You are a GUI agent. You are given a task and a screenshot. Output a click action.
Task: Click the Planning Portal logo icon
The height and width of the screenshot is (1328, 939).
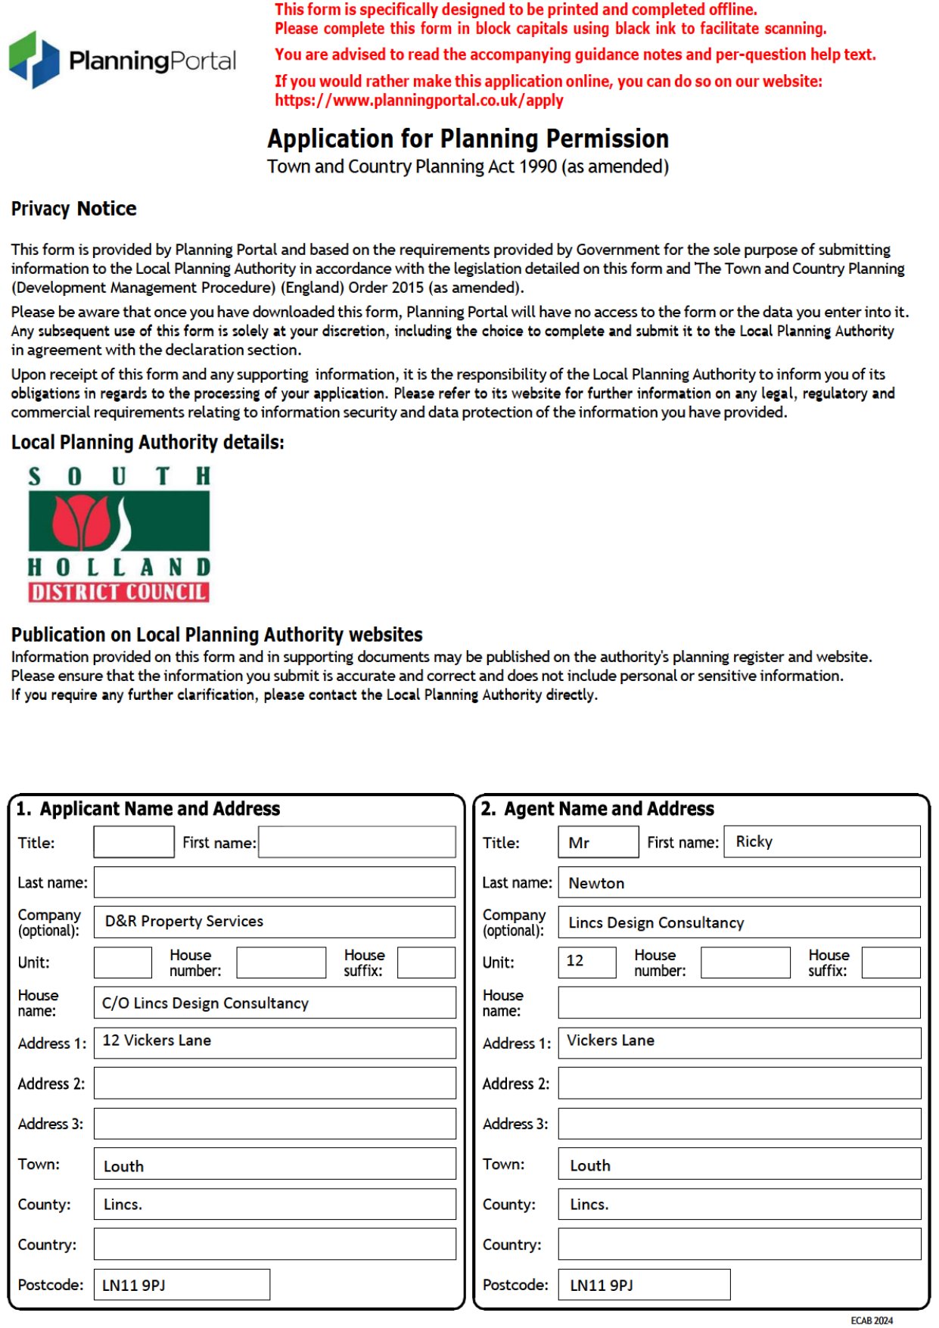(34, 59)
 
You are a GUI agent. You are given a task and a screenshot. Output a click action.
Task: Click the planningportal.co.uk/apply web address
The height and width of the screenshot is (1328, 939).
(418, 101)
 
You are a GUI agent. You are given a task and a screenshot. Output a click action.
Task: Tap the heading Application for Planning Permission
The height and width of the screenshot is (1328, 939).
(468, 139)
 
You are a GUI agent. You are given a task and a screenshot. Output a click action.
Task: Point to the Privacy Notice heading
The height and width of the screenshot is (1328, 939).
(73, 209)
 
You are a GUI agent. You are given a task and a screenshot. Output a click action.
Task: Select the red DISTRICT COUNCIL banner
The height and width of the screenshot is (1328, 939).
(119, 592)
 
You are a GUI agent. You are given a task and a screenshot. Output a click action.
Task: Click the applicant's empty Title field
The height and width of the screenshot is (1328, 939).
(134, 842)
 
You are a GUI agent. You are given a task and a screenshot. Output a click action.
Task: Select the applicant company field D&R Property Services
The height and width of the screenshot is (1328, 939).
(275, 922)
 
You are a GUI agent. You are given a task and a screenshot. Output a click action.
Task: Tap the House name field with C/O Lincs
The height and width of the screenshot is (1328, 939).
(275, 1003)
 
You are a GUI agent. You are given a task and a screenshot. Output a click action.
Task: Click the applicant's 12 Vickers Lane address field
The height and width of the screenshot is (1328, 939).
(275, 1042)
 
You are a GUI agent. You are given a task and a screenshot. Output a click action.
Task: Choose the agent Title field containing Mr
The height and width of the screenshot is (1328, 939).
(598, 842)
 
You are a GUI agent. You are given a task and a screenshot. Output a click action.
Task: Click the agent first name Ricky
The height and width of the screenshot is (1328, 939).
(822, 841)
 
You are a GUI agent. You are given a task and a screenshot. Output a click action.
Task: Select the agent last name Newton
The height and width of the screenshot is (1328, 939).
(738, 883)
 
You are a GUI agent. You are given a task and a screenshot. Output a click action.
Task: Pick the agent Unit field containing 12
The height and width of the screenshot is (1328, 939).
(586, 962)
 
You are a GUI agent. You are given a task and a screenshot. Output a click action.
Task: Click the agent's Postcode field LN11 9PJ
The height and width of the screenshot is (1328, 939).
(644, 1285)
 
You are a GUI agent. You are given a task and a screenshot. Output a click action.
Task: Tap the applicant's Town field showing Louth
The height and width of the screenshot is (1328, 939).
(275, 1165)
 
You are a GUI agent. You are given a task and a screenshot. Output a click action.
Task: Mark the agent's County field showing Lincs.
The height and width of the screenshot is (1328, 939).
(738, 1204)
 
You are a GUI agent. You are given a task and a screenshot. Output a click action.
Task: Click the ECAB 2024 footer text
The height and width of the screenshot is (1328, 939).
(872, 1320)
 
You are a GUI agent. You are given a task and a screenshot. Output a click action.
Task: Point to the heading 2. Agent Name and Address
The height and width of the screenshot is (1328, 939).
(598, 809)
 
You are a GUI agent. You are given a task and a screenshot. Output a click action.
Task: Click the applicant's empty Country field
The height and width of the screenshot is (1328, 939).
(275, 1244)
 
